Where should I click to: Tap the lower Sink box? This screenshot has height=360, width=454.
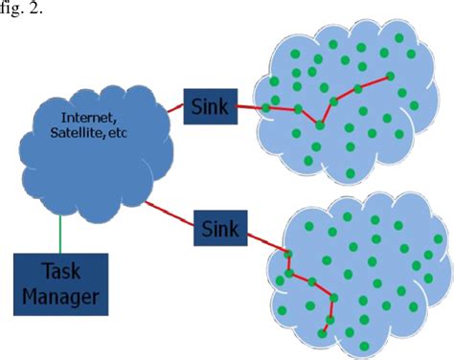(221, 229)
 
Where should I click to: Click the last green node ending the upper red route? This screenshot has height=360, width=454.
(389, 76)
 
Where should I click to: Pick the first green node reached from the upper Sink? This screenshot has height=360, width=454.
(266, 108)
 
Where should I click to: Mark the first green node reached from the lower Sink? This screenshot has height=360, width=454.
(285, 253)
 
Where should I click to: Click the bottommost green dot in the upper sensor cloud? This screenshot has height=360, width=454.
(349, 173)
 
